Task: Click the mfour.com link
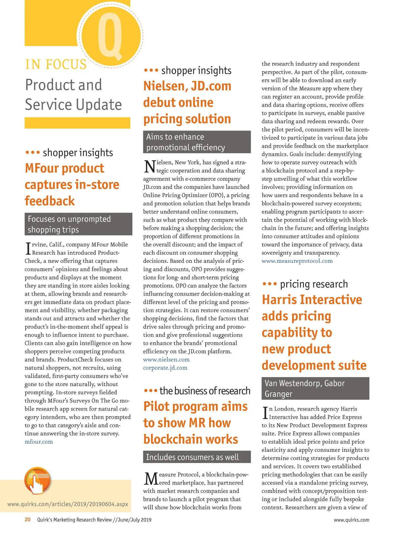point(39,442)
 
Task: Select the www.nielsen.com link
point(166,360)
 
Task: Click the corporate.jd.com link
point(165,368)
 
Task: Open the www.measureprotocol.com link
point(297,261)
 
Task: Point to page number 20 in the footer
point(28,520)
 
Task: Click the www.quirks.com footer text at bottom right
point(351,520)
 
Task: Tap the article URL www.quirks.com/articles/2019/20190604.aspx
point(68,504)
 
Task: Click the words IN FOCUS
point(56,64)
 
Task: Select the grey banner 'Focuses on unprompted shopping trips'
point(78,224)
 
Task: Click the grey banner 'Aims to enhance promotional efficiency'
point(197,142)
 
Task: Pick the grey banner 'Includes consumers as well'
point(197,457)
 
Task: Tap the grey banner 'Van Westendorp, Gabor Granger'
point(315,388)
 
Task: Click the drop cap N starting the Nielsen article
point(149,166)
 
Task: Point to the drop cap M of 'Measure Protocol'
point(151,479)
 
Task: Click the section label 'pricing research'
point(314,284)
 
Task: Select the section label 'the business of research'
point(205,391)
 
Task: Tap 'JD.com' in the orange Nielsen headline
point(211,86)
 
